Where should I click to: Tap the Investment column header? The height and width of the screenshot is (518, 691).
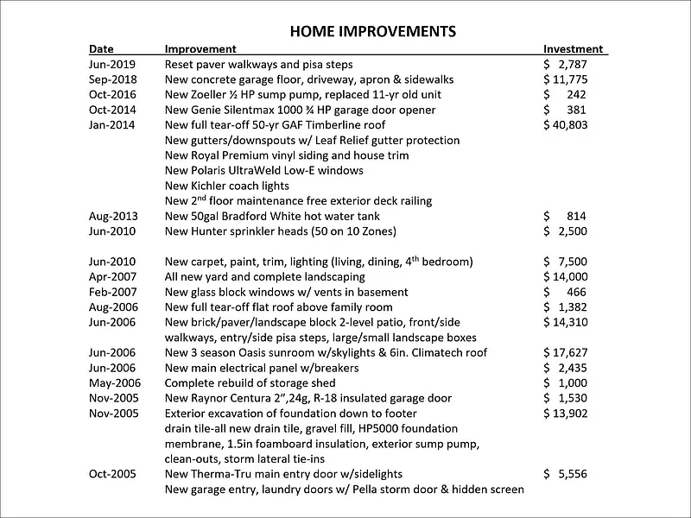click(573, 49)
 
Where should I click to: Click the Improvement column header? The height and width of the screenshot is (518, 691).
click(200, 49)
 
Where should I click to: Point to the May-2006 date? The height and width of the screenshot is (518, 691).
click(111, 382)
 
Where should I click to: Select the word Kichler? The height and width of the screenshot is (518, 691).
click(216, 186)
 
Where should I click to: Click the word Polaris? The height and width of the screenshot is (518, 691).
click(214, 170)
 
